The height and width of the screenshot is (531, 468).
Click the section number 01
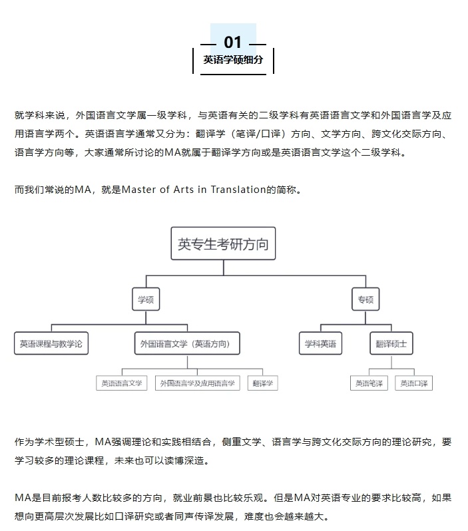coord(232,43)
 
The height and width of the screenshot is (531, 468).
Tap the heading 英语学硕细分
coord(233,60)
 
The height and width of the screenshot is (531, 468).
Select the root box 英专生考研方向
coord(223,244)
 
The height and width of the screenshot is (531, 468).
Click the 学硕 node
coord(146,299)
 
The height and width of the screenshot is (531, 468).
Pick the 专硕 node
coord(365,299)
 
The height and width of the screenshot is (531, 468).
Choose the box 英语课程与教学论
coord(51,343)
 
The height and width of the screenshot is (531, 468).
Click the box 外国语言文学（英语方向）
coord(187,343)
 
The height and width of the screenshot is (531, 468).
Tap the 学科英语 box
coord(321,343)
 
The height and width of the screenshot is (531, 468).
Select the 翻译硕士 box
coord(391,343)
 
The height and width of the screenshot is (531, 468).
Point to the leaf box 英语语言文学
coord(122,383)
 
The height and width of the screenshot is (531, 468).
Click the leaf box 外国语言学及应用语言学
coord(198,383)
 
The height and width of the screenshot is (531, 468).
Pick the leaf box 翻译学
coord(263,383)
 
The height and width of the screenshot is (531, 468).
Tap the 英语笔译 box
coord(369,383)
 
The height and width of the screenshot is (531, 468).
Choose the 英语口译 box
coord(414,383)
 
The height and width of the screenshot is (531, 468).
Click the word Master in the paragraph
coord(138,189)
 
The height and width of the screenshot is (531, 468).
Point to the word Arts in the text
coord(184,189)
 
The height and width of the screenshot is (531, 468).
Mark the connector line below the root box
coord(223,268)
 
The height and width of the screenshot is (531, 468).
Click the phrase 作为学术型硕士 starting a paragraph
coord(49,442)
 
